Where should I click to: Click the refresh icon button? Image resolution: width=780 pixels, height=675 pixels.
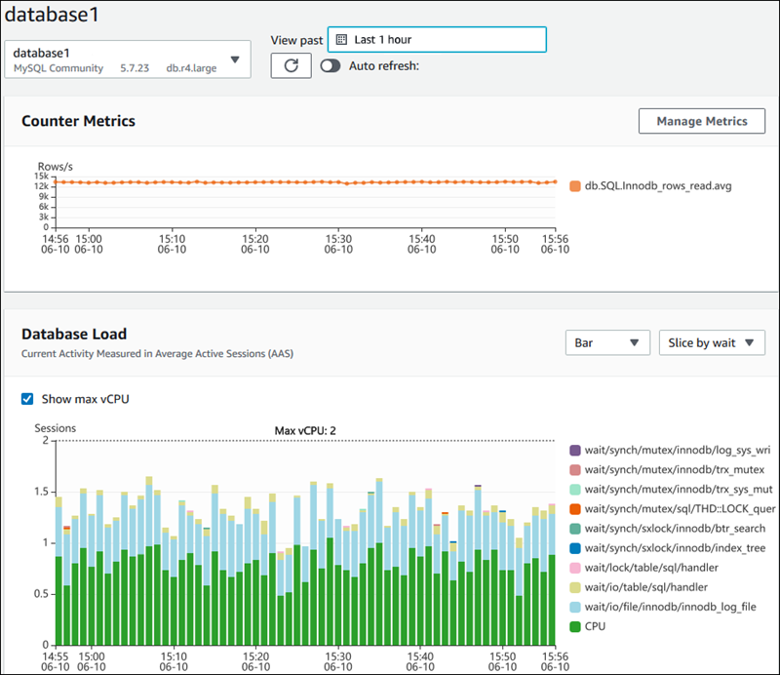coord(291,65)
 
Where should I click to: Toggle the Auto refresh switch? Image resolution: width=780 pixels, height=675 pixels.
coord(330,65)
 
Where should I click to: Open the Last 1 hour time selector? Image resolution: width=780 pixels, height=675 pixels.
coord(437,39)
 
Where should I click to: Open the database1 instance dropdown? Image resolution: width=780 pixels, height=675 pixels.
coord(128,59)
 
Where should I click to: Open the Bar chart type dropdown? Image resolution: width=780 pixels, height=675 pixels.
coord(607,342)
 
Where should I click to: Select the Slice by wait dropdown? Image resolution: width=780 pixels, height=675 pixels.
coord(712,342)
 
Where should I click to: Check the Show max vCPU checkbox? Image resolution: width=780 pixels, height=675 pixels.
coord(27,399)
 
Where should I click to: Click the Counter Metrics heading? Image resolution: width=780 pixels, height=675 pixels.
coord(78,121)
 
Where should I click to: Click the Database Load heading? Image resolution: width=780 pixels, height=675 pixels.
coord(74,334)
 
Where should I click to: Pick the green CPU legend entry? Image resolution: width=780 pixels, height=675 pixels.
coord(595,626)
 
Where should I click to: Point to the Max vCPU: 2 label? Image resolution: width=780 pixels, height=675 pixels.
coord(305,430)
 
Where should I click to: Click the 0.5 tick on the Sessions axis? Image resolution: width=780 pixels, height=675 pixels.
coord(40,593)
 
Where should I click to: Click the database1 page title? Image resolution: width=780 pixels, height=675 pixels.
coord(51,16)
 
